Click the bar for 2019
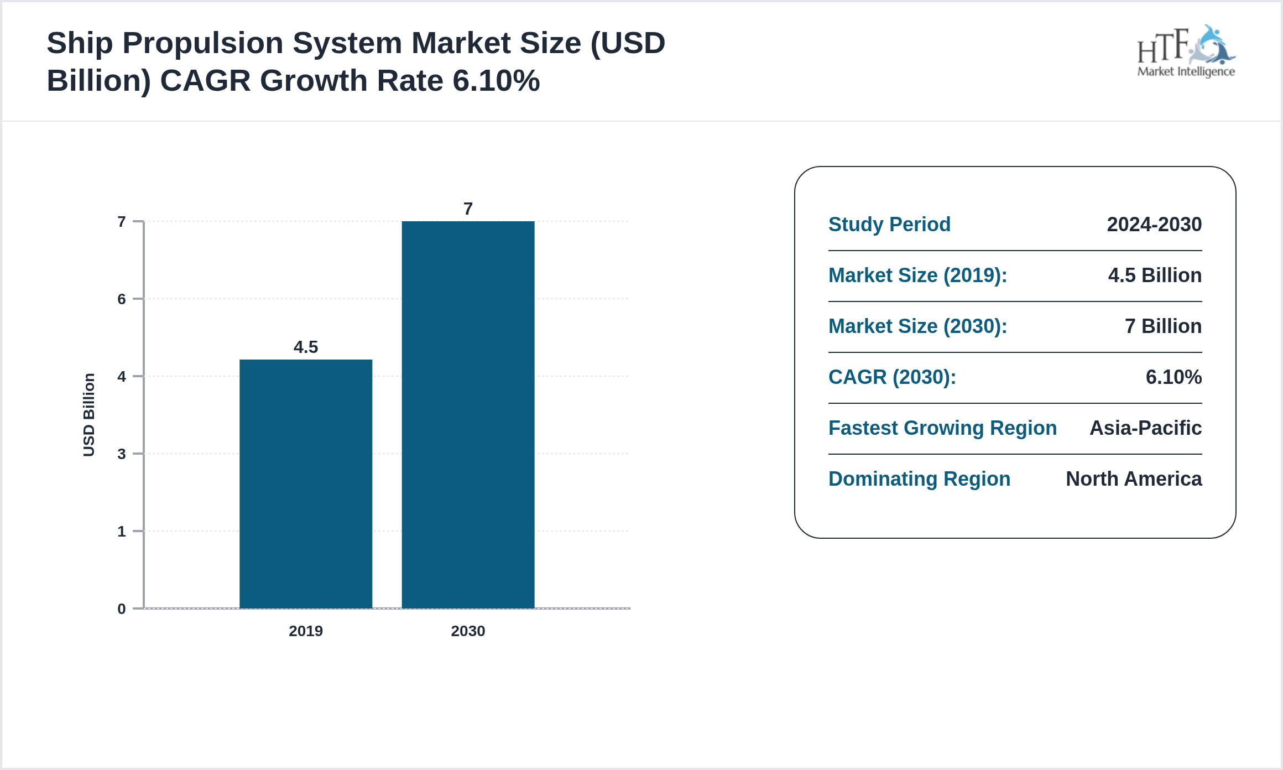(306, 484)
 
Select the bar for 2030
(468, 415)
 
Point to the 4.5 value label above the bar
(306, 347)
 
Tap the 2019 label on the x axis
(306, 631)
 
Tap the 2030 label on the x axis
(468, 631)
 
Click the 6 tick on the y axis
(122, 299)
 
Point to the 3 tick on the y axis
(122, 454)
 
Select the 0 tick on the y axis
(122, 609)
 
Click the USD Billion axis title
(89, 415)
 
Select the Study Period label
(889, 225)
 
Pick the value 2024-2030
(1154, 225)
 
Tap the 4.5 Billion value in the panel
(1155, 275)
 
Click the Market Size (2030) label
(917, 326)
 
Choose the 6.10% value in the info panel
(1174, 377)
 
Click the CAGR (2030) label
(892, 377)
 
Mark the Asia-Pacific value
(1145, 428)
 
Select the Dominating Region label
(919, 479)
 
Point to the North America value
(1134, 479)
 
